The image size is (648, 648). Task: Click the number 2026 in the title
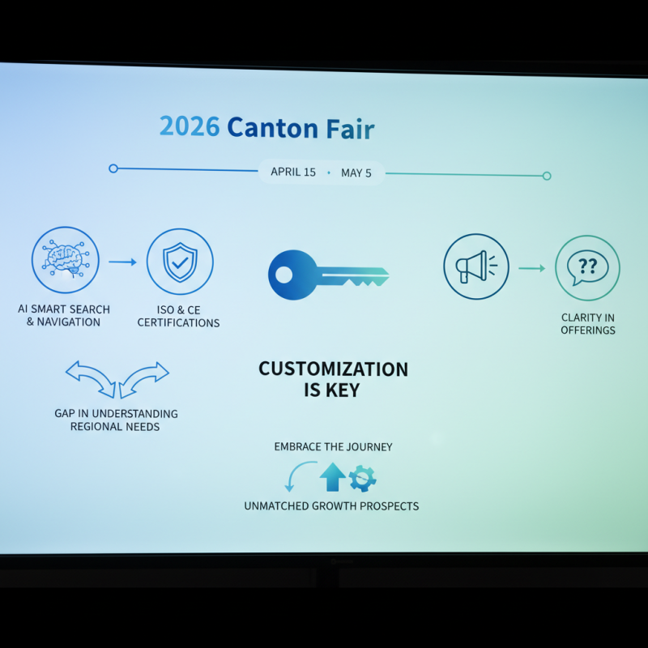point(190,127)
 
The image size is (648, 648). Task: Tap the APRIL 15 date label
point(293,173)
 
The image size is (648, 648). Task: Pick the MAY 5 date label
point(356,173)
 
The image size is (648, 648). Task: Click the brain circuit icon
point(65,260)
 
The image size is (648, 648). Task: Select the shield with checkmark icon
point(179,261)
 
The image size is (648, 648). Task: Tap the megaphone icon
point(476,266)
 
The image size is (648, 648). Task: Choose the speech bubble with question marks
point(587,268)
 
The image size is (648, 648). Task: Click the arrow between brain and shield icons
point(122,262)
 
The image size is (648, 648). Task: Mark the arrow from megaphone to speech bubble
point(531,267)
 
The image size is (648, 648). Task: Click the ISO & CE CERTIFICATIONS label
point(178,316)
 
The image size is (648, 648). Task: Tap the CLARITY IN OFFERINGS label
point(588,324)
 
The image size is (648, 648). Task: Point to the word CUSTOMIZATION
point(333,369)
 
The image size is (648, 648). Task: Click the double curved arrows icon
point(117,379)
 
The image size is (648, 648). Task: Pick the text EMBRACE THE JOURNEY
point(333,446)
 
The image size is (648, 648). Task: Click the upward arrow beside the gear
point(332,477)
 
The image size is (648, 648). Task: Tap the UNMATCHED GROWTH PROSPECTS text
point(331,506)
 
